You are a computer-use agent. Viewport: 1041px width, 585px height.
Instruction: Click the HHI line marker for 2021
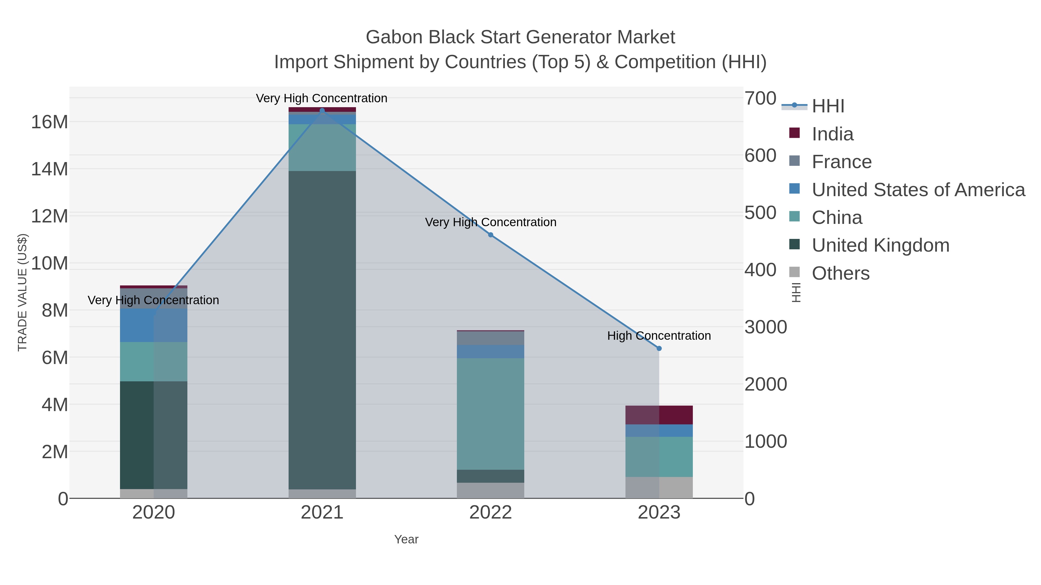click(x=322, y=110)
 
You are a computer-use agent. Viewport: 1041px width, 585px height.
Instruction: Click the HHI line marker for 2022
click(x=491, y=235)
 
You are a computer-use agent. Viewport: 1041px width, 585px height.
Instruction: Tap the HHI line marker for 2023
click(x=659, y=348)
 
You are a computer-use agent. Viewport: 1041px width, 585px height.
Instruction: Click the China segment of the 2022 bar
click(x=491, y=413)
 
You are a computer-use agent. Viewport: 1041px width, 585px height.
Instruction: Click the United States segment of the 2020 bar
click(x=154, y=325)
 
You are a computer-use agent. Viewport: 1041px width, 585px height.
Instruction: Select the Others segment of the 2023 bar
click(x=659, y=487)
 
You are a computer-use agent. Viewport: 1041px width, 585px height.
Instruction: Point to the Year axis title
click(x=406, y=539)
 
